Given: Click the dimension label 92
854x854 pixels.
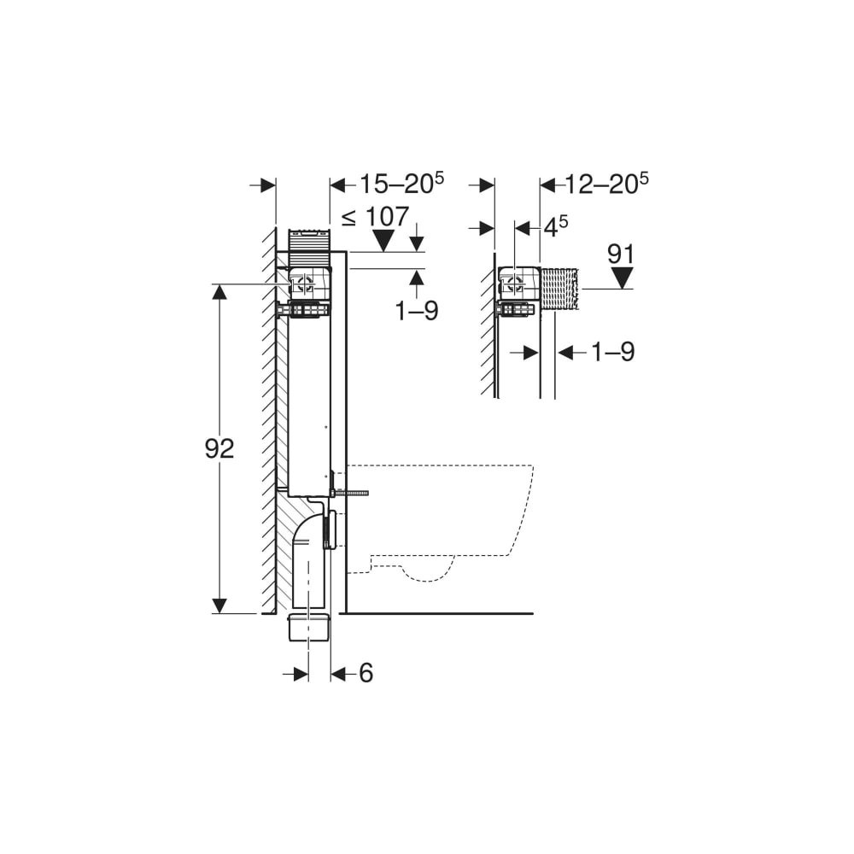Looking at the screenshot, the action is (x=219, y=448).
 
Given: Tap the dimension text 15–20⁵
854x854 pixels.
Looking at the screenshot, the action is (x=401, y=184).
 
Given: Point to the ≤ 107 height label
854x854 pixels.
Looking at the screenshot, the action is (x=375, y=217).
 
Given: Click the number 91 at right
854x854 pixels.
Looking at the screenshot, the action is (x=621, y=254).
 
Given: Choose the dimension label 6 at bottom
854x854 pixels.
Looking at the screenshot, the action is (x=366, y=673).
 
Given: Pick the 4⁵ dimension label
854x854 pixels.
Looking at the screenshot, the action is (x=556, y=226).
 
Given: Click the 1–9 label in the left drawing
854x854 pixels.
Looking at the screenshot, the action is (x=417, y=311).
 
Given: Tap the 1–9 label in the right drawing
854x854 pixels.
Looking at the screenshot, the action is (x=613, y=352).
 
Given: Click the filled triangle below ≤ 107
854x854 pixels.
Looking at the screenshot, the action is (x=384, y=240).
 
